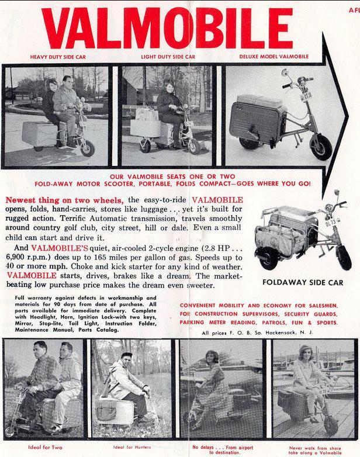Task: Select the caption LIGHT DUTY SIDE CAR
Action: click(x=168, y=57)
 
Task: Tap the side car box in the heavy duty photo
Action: click(x=39, y=133)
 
